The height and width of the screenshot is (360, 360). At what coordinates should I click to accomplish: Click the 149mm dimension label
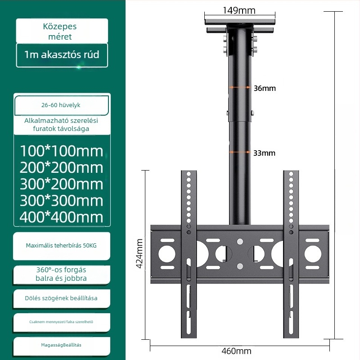(239, 10)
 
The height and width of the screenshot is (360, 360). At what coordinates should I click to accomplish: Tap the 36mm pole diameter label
(265, 88)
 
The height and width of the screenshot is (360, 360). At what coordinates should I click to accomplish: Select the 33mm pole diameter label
(264, 153)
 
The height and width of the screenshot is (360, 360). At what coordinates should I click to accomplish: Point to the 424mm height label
(139, 253)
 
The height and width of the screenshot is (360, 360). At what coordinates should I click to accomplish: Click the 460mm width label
(237, 351)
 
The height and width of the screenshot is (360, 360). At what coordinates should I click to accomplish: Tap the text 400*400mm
(62, 217)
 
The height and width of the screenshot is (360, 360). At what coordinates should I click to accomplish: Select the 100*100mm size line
(62, 151)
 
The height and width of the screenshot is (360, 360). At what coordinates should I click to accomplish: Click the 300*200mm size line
(62, 184)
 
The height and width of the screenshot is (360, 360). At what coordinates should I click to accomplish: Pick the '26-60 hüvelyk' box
(62, 105)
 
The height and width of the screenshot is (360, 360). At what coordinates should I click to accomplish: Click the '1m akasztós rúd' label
(62, 54)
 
